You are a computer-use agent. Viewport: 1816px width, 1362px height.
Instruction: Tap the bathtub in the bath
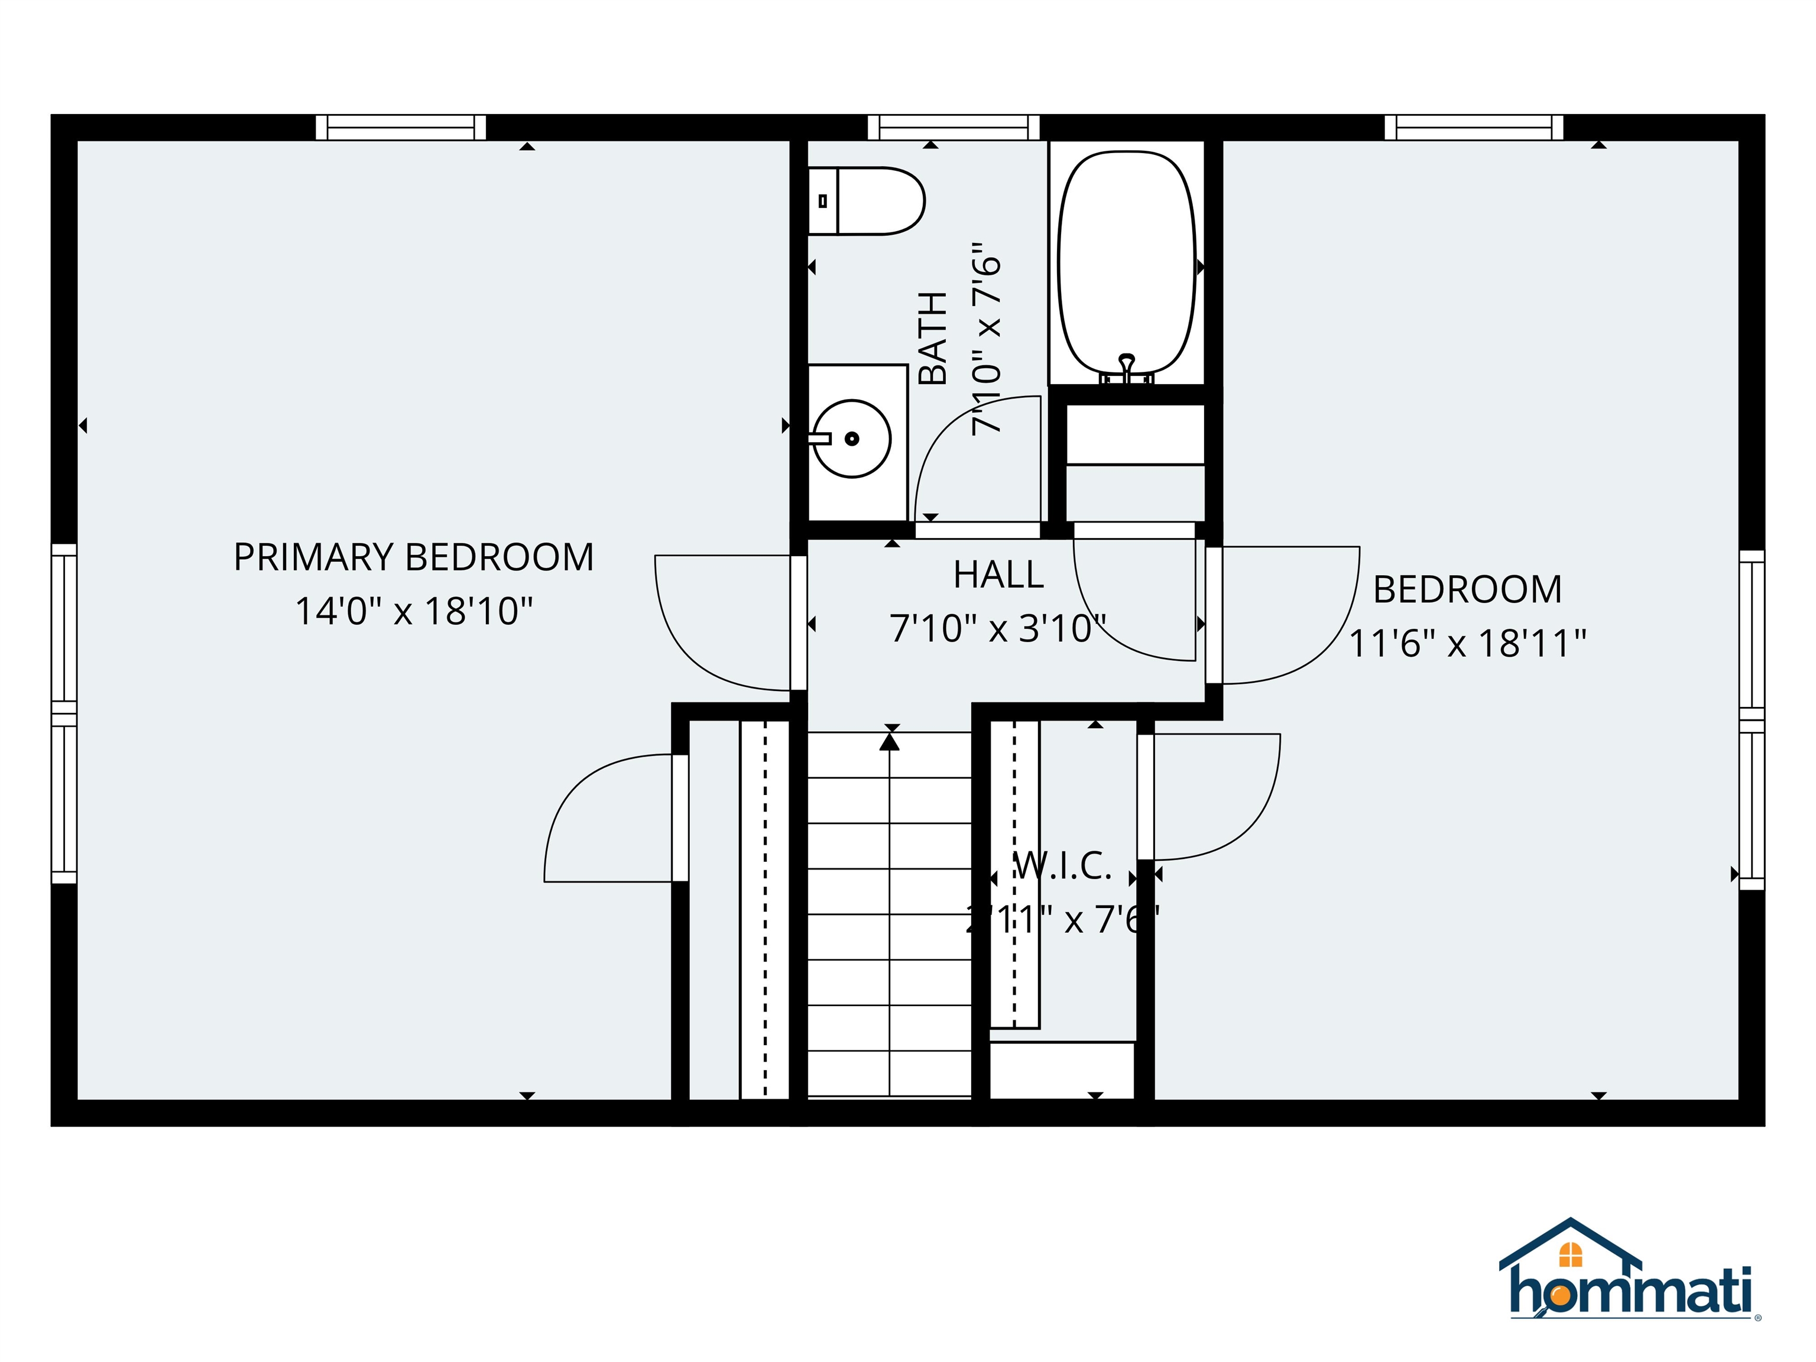pyautogui.click(x=1126, y=262)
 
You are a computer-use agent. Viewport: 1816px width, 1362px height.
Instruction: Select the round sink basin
pyautogui.click(x=852, y=439)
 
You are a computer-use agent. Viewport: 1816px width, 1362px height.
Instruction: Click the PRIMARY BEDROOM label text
pyautogui.click(x=414, y=557)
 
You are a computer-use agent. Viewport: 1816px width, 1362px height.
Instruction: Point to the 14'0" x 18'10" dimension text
pyautogui.click(x=414, y=612)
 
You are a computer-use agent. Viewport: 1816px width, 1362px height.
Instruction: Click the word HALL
pyautogui.click(x=998, y=575)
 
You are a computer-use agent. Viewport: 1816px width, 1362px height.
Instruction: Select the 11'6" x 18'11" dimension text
pyautogui.click(x=1467, y=644)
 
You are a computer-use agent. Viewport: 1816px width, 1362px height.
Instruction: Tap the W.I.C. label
pyautogui.click(x=1062, y=866)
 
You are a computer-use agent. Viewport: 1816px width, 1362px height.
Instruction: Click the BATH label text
pyautogui.click(x=933, y=338)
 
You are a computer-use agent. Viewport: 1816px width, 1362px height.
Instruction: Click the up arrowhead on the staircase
pyautogui.click(x=889, y=742)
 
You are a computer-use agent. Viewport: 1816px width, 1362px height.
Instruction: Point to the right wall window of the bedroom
pyautogui.click(x=1752, y=720)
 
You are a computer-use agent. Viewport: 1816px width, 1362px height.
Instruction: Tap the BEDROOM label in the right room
pyautogui.click(x=1467, y=589)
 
